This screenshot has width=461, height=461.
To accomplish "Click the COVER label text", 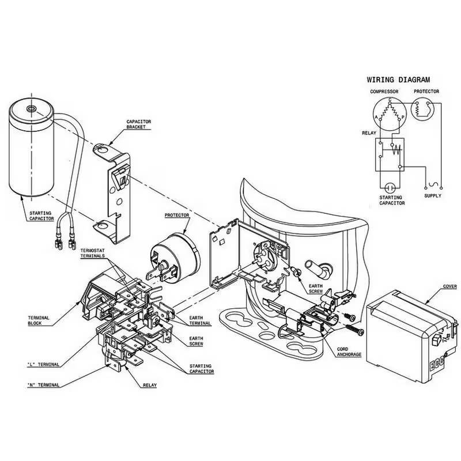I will click(x=449, y=286).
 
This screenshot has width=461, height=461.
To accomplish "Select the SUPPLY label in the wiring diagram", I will click(x=433, y=196).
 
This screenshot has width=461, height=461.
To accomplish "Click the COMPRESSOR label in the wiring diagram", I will click(x=384, y=92).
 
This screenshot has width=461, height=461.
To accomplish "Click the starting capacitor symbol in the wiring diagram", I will click(x=390, y=188).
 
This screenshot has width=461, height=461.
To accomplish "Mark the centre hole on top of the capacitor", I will click(x=31, y=107).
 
